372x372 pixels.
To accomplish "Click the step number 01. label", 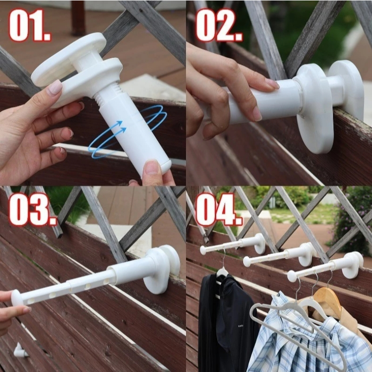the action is tap(30, 25).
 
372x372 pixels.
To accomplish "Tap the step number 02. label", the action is tap(219, 25).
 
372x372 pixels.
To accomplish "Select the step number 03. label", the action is tap(33, 210).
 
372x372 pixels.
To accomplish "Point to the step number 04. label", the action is tap(219, 210).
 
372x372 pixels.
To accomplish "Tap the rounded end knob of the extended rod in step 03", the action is tap(17, 297).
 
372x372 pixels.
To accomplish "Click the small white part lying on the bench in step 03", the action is tap(20, 350).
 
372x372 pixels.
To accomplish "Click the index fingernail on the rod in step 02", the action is tap(272, 84).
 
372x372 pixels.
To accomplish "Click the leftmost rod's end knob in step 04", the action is tap(203, 250).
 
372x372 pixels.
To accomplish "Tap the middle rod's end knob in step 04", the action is tap(247, 262).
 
